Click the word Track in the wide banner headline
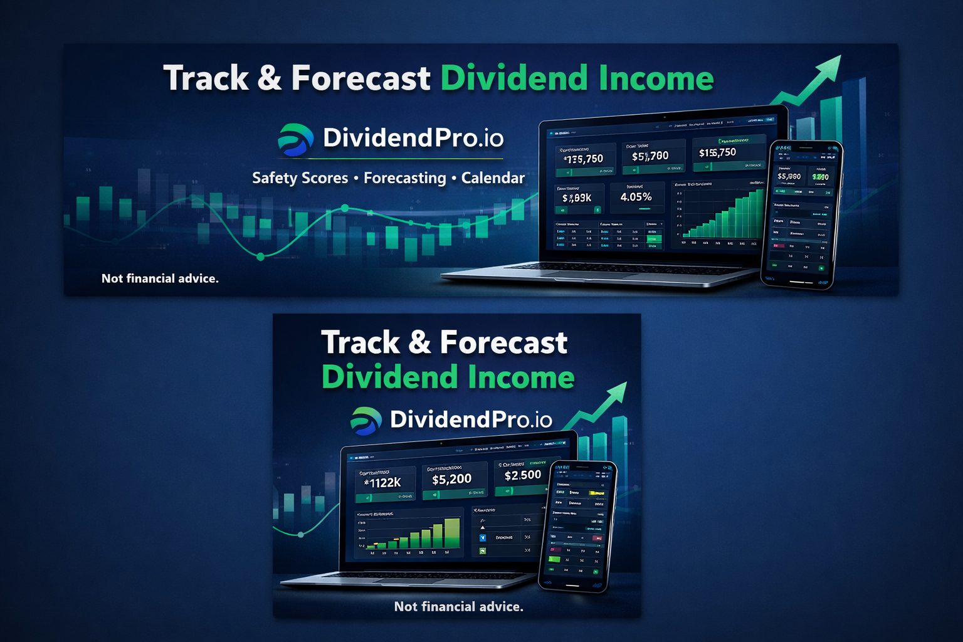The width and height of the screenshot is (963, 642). (206, 78)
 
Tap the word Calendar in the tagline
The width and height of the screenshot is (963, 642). (493, 178)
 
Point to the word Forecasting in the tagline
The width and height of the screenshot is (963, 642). (404, 178)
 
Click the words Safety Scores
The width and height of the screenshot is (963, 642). (300, 178)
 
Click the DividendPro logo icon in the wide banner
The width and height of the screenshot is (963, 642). (295, 139)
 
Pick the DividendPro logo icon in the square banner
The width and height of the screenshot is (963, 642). (366, 421)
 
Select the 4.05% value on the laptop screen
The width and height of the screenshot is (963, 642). (636, 197)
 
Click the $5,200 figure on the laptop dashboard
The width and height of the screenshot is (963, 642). (451, 479)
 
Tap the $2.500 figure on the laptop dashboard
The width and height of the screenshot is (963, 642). (522, 475)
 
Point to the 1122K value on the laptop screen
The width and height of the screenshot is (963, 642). (384, 483)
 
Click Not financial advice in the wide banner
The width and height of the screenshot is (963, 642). (160, 278)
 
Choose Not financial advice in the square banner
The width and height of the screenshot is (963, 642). (458, 606)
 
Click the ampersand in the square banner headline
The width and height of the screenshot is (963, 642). (419, 343)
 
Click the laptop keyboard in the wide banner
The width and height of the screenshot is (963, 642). (602, 268)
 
